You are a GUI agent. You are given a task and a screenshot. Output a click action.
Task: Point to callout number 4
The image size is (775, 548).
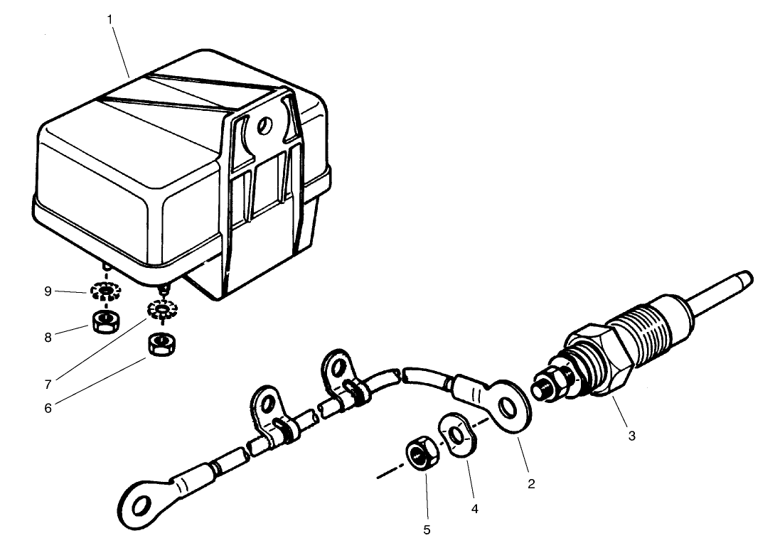click(475, 510)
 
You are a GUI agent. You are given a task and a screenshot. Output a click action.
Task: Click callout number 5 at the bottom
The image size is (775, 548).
click(427, 530)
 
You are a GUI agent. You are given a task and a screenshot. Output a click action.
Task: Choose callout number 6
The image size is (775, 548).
click(48, 409)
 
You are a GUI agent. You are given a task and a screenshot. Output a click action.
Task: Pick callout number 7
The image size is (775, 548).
click(48, 385)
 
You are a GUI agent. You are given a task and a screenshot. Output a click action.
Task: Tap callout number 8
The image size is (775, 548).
click(48, 338)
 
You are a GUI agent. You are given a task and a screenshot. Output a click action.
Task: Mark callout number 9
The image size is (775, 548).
click(48, 291)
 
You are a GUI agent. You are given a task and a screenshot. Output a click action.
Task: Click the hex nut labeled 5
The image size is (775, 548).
click(417, 453)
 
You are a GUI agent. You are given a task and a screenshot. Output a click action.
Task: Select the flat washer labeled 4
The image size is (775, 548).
click(458, 433)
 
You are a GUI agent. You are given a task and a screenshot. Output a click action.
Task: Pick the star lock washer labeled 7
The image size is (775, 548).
click(161, 311)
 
